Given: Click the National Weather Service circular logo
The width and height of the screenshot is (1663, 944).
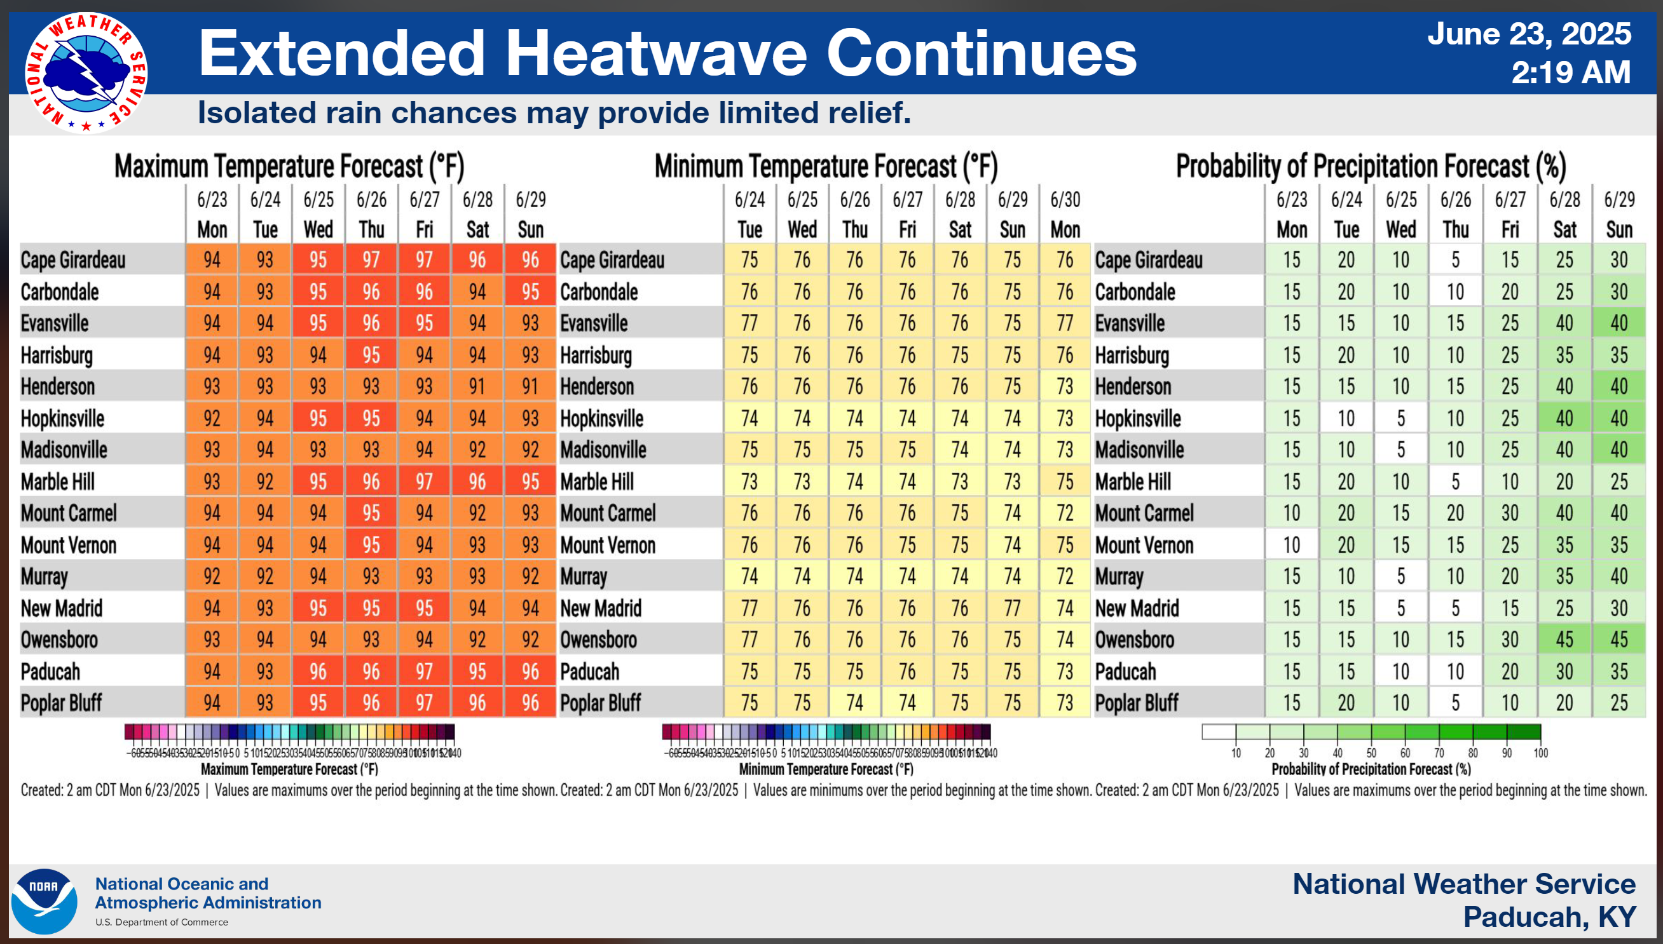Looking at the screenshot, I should [86, 72].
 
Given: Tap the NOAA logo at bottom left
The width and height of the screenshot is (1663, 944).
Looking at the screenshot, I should [43, 901].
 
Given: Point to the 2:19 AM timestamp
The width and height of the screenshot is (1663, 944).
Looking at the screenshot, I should [1570, 72].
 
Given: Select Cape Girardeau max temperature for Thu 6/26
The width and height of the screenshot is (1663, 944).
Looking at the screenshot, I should [371, 260].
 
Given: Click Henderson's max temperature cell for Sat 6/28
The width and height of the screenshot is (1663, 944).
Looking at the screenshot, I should [477, 386].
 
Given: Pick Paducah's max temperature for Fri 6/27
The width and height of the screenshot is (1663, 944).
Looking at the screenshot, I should [424, 671].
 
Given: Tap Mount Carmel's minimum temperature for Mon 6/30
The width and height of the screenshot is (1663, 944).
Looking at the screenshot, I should [1065, 513].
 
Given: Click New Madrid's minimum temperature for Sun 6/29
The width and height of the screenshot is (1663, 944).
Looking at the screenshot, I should [1013, 608].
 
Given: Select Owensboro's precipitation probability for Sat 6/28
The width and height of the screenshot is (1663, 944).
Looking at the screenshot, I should [1564, 640].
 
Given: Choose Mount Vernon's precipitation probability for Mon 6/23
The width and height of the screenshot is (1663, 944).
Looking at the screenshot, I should [1291, 545].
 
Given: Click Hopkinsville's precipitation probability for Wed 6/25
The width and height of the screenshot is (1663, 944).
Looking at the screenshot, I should [1401, 419].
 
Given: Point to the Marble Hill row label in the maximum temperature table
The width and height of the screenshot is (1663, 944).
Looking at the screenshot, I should [58, 482].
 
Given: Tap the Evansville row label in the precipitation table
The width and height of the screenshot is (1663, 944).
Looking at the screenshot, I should [1130, 323].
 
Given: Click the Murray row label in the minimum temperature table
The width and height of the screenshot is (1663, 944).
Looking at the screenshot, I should [584, 576].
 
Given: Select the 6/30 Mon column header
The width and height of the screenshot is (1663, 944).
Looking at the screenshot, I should [1065, 215].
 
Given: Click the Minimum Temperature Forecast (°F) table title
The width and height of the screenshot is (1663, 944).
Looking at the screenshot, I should [826, 166].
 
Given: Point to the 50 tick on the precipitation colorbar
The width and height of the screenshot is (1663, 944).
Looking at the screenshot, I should [1371, 753].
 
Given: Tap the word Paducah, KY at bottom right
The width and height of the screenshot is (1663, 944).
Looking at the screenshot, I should [1549, 917].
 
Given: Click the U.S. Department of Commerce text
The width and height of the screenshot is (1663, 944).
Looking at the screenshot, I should [161, 922].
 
